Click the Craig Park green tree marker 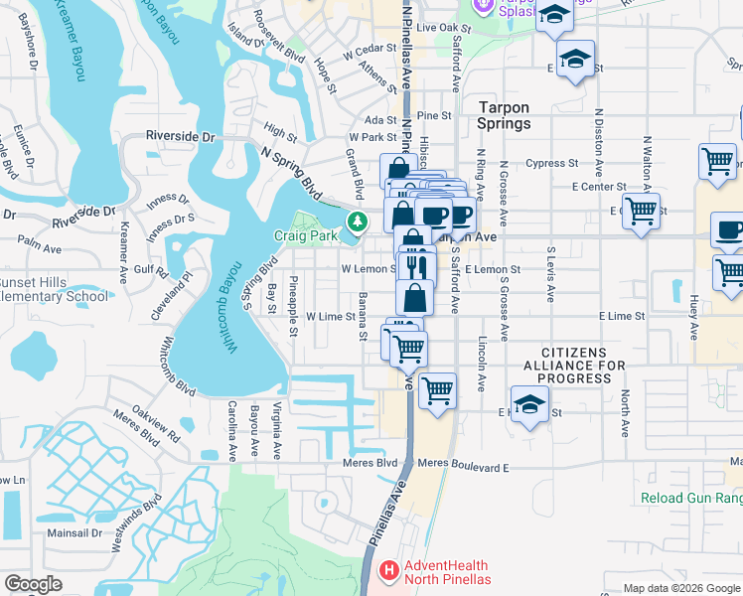click(x=354, y=220)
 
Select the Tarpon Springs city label click(x=504, y=116)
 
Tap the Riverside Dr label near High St click(x=180, y=136)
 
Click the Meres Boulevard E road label click(x=463, y=463)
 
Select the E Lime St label click(x=622, y=316)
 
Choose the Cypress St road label click(x=553, y=163)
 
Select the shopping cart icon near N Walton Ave click(x=642, y=211)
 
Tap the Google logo click(x=33, y=585)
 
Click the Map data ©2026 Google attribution click(x=681, y=588)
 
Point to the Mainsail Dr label click(x=76, y=532)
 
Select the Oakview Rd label click(x=146, y=424)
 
